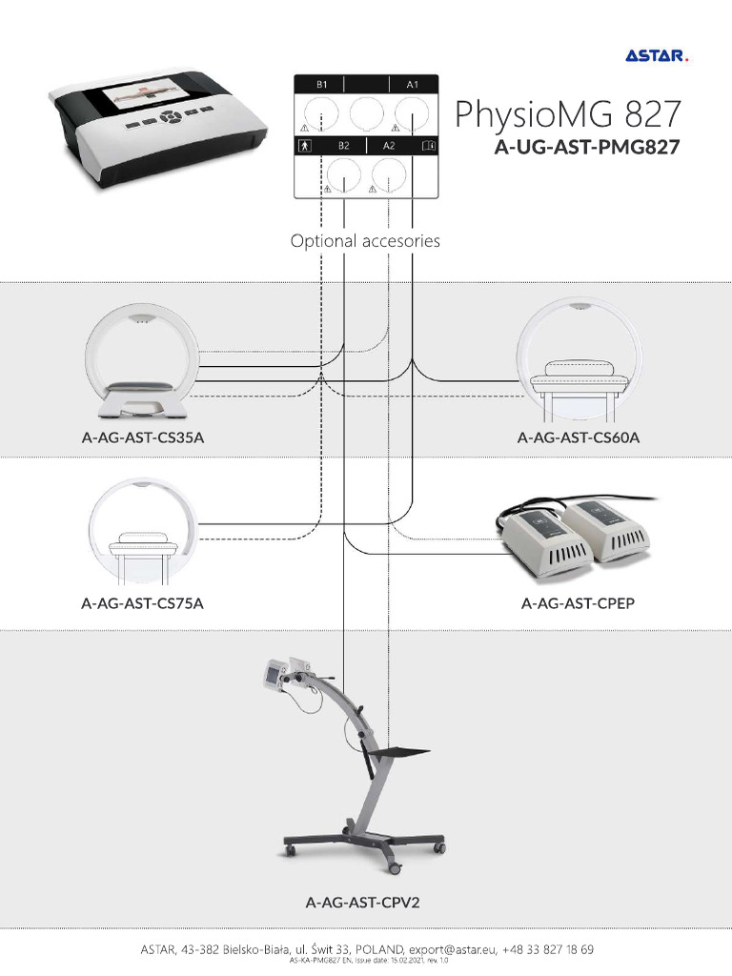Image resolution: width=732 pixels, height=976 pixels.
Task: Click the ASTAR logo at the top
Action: (x=656, y=56)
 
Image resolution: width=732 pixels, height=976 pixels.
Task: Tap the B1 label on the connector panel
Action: (x=322, y=85)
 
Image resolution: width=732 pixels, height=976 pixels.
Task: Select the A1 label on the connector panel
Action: (x=412, y=85)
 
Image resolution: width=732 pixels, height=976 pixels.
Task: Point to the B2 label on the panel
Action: (x=344, y=146)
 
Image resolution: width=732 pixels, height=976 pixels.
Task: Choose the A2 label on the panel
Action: (x=389, y=146)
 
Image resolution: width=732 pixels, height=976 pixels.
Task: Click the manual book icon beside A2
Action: (x=428, y=146)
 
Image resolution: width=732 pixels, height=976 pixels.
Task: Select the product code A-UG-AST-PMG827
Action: (x=585, y=149)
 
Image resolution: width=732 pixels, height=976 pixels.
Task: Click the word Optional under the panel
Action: (x=323, y=241)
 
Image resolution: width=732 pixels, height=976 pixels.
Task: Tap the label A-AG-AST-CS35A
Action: (x=143, y=438)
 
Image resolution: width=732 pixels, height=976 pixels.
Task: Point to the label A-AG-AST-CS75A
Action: (x=143, y=603)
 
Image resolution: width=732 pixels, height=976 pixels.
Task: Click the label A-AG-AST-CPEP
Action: (x=574, y=603)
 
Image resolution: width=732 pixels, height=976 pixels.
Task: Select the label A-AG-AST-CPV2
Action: (x=362, y=901)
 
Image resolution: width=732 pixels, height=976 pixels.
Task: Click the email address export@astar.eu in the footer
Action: (x=452, y=949)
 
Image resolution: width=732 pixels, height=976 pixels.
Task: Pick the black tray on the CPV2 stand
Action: (x=397, y=751)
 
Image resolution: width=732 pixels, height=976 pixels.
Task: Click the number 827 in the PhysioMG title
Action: (x=654, y=114)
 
